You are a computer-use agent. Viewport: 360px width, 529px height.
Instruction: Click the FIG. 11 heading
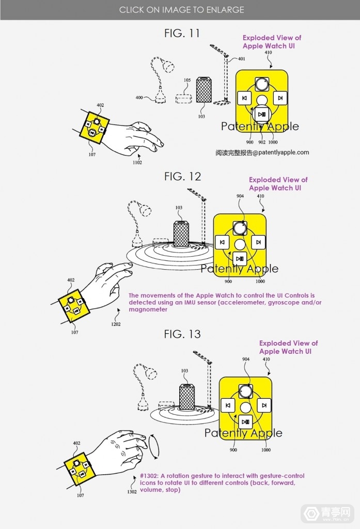coord(182,34)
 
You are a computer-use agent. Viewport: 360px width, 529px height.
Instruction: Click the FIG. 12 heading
coord(182,177)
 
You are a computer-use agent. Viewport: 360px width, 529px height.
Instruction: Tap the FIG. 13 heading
coord(182,334)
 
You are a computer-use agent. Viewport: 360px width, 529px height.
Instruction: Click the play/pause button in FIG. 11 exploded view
coord(262,114)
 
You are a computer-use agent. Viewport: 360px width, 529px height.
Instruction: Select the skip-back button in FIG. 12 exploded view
coord(222,242)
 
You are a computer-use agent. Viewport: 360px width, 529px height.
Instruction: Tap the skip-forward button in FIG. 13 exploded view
coord(264,405)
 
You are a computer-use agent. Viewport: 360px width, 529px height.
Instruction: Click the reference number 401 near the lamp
coord(242,59)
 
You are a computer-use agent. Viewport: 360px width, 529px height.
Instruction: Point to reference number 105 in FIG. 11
coord(187,80)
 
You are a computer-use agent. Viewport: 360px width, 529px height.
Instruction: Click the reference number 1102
coord(137,163)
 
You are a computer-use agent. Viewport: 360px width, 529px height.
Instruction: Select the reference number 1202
coord(116,324)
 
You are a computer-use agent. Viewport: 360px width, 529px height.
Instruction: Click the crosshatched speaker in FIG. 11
coord(204,90)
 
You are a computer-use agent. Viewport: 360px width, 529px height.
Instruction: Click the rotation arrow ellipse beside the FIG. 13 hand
coord(153,447)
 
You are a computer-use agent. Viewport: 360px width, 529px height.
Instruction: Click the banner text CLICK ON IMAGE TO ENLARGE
coord(181,10)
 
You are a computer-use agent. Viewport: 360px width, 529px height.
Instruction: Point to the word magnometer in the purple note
coord(148,309)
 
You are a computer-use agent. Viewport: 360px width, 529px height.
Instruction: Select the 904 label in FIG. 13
coord(246,360)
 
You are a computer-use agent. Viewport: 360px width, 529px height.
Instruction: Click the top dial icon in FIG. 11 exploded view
coord(262,84)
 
